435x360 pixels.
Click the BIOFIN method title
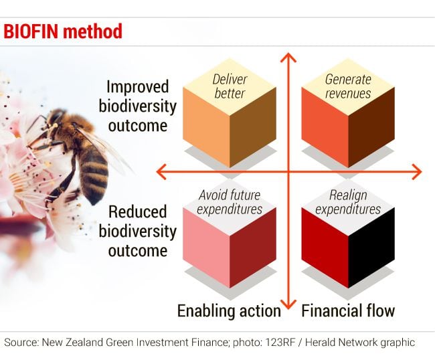63,31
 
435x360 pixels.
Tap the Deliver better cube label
230,86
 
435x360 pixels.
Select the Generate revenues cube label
348,86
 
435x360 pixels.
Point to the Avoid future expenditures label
230,202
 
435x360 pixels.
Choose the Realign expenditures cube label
348,202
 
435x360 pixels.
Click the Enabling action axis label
229,311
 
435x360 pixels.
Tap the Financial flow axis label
348,310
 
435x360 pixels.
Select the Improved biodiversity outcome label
138,106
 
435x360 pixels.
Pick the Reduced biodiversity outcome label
138,232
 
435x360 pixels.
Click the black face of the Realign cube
371,248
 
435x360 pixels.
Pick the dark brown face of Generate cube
371,128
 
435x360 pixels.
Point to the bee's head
56,118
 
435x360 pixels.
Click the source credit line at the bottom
209,343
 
